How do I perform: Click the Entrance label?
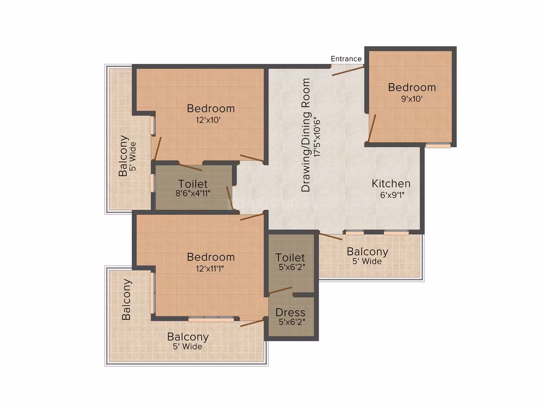(346, 59)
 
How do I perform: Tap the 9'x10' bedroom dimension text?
(412, 99)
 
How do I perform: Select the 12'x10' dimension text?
(208, 120)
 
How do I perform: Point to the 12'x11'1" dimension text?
(210, 268)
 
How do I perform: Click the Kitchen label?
(391, 183)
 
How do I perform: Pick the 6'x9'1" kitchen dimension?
(392, 195)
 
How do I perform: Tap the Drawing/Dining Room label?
(305, 135)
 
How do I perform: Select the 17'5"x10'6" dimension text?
(317, 137)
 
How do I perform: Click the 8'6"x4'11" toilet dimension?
(193, 193)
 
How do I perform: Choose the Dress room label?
(290, 312)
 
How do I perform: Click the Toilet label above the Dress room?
(290, 257)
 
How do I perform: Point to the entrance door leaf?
(348, 71)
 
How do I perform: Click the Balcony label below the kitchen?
(367, 251)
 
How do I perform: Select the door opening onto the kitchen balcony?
(331, 236)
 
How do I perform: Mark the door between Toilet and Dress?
(280, 290)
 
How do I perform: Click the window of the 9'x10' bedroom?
(438, 146)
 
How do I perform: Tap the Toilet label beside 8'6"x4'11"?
(193, 184)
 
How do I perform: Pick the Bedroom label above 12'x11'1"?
(210, 257)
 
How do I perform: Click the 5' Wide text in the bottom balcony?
(187, 346)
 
